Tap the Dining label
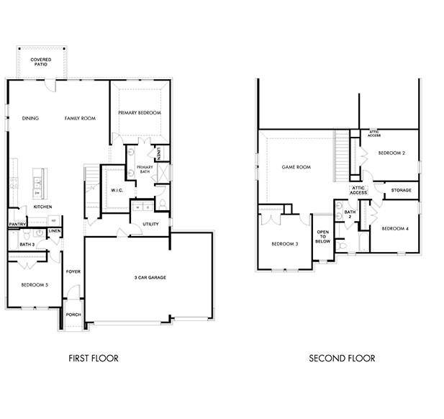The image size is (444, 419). (30, 118)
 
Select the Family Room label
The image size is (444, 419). (80, 118)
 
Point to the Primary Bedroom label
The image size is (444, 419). (140, 113)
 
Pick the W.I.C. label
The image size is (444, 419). (117, 190)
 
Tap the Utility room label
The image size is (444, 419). (150, 225)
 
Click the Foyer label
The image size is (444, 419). (73, 271)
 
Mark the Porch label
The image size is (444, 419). (73, 315)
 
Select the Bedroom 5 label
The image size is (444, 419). (34, 285)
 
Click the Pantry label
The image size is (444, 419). (18, 224)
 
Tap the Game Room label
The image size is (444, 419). (296, 167)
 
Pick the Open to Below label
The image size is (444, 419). (323, 237)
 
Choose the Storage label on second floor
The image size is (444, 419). (402, 190)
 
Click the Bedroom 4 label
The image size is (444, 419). (395, 229)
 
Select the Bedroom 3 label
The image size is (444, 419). (285, 243)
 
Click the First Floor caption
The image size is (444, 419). (94, 358)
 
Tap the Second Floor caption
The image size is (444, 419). (342, 358)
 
